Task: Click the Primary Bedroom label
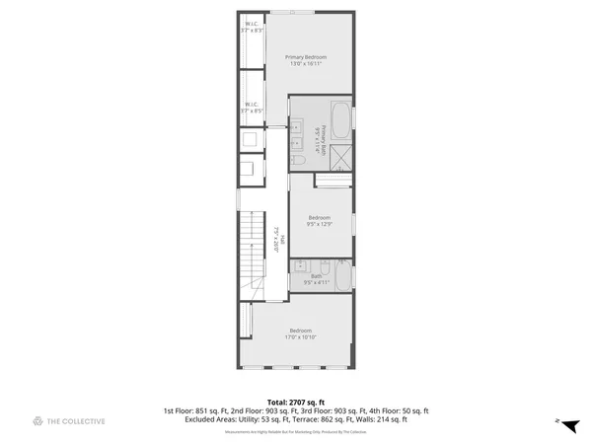306,61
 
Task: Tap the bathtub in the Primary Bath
340,121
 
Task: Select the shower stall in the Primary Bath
340,157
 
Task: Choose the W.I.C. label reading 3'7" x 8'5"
251,107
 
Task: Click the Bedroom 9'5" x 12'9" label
319,220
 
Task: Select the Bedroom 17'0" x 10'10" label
301,333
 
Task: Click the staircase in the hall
253,257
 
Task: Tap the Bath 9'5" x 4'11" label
316,278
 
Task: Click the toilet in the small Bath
324,265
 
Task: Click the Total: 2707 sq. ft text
296,403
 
